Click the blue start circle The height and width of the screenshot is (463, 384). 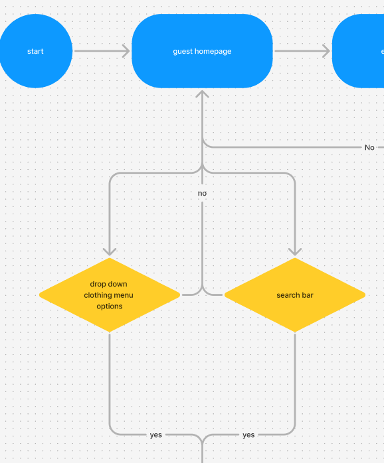click(x=35, y=51)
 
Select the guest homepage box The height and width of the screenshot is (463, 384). click(x=202, y=51)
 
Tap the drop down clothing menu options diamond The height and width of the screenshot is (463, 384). click(x=109, y=295)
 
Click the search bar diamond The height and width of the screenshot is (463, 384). click(x=294, y=295)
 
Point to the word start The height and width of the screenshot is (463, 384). click(x=35, y=51)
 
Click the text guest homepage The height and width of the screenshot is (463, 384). click(x=202, y=51)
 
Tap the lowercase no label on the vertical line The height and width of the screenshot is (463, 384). click(x=202, y=193)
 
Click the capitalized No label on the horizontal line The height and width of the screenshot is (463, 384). click(x=369, y=147)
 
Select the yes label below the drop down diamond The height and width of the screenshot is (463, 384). click(x=155, y=435)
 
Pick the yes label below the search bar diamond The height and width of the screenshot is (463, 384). click(x=248, y=435)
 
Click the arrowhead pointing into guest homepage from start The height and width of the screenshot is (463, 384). click(x=126, y=51)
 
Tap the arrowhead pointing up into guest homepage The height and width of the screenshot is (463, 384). click(x=202, y=95)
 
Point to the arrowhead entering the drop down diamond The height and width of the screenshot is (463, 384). click(x=110, y=251)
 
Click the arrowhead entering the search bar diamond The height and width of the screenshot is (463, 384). click(x=294, y=251)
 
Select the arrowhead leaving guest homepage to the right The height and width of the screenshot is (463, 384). click(x=325, y=51)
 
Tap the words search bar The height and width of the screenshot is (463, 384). click(x=294, y=295)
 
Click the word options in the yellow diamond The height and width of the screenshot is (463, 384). click(x=109, y=306)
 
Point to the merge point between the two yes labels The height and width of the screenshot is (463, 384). click(x=202, y=438)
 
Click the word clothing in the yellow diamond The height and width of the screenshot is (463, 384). click(x=98, y=295)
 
